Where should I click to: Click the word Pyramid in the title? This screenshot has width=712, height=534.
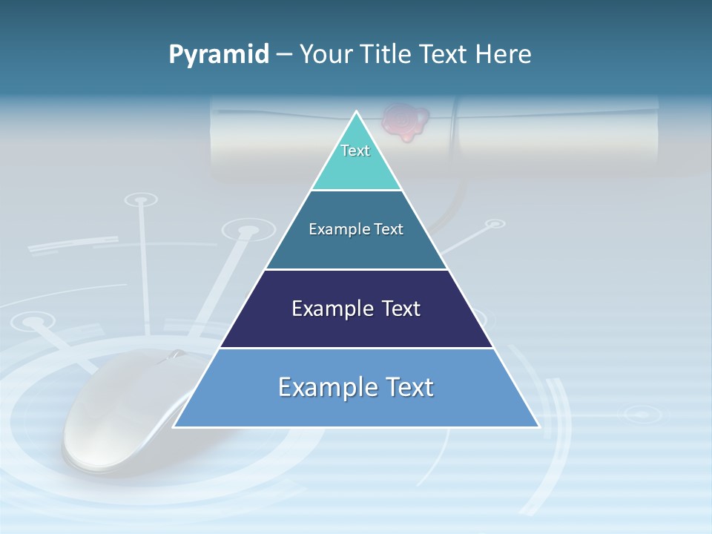click(x=219, y=55)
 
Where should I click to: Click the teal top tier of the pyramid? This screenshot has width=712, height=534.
click(x=356, y=167)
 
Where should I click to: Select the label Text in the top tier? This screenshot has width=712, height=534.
click(x=355, y=151)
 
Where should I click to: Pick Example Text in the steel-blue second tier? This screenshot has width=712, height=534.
click(x=356, y=229)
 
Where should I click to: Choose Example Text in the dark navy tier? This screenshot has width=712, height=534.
click(x=356, y=309)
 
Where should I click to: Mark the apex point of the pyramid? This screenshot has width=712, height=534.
click(x=357, y=112)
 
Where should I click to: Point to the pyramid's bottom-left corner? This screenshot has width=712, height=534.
click(x=174, y=426)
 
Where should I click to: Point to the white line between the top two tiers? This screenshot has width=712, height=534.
click(x=356, y=191)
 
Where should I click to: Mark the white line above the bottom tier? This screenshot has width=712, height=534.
click(x=356, y=348)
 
